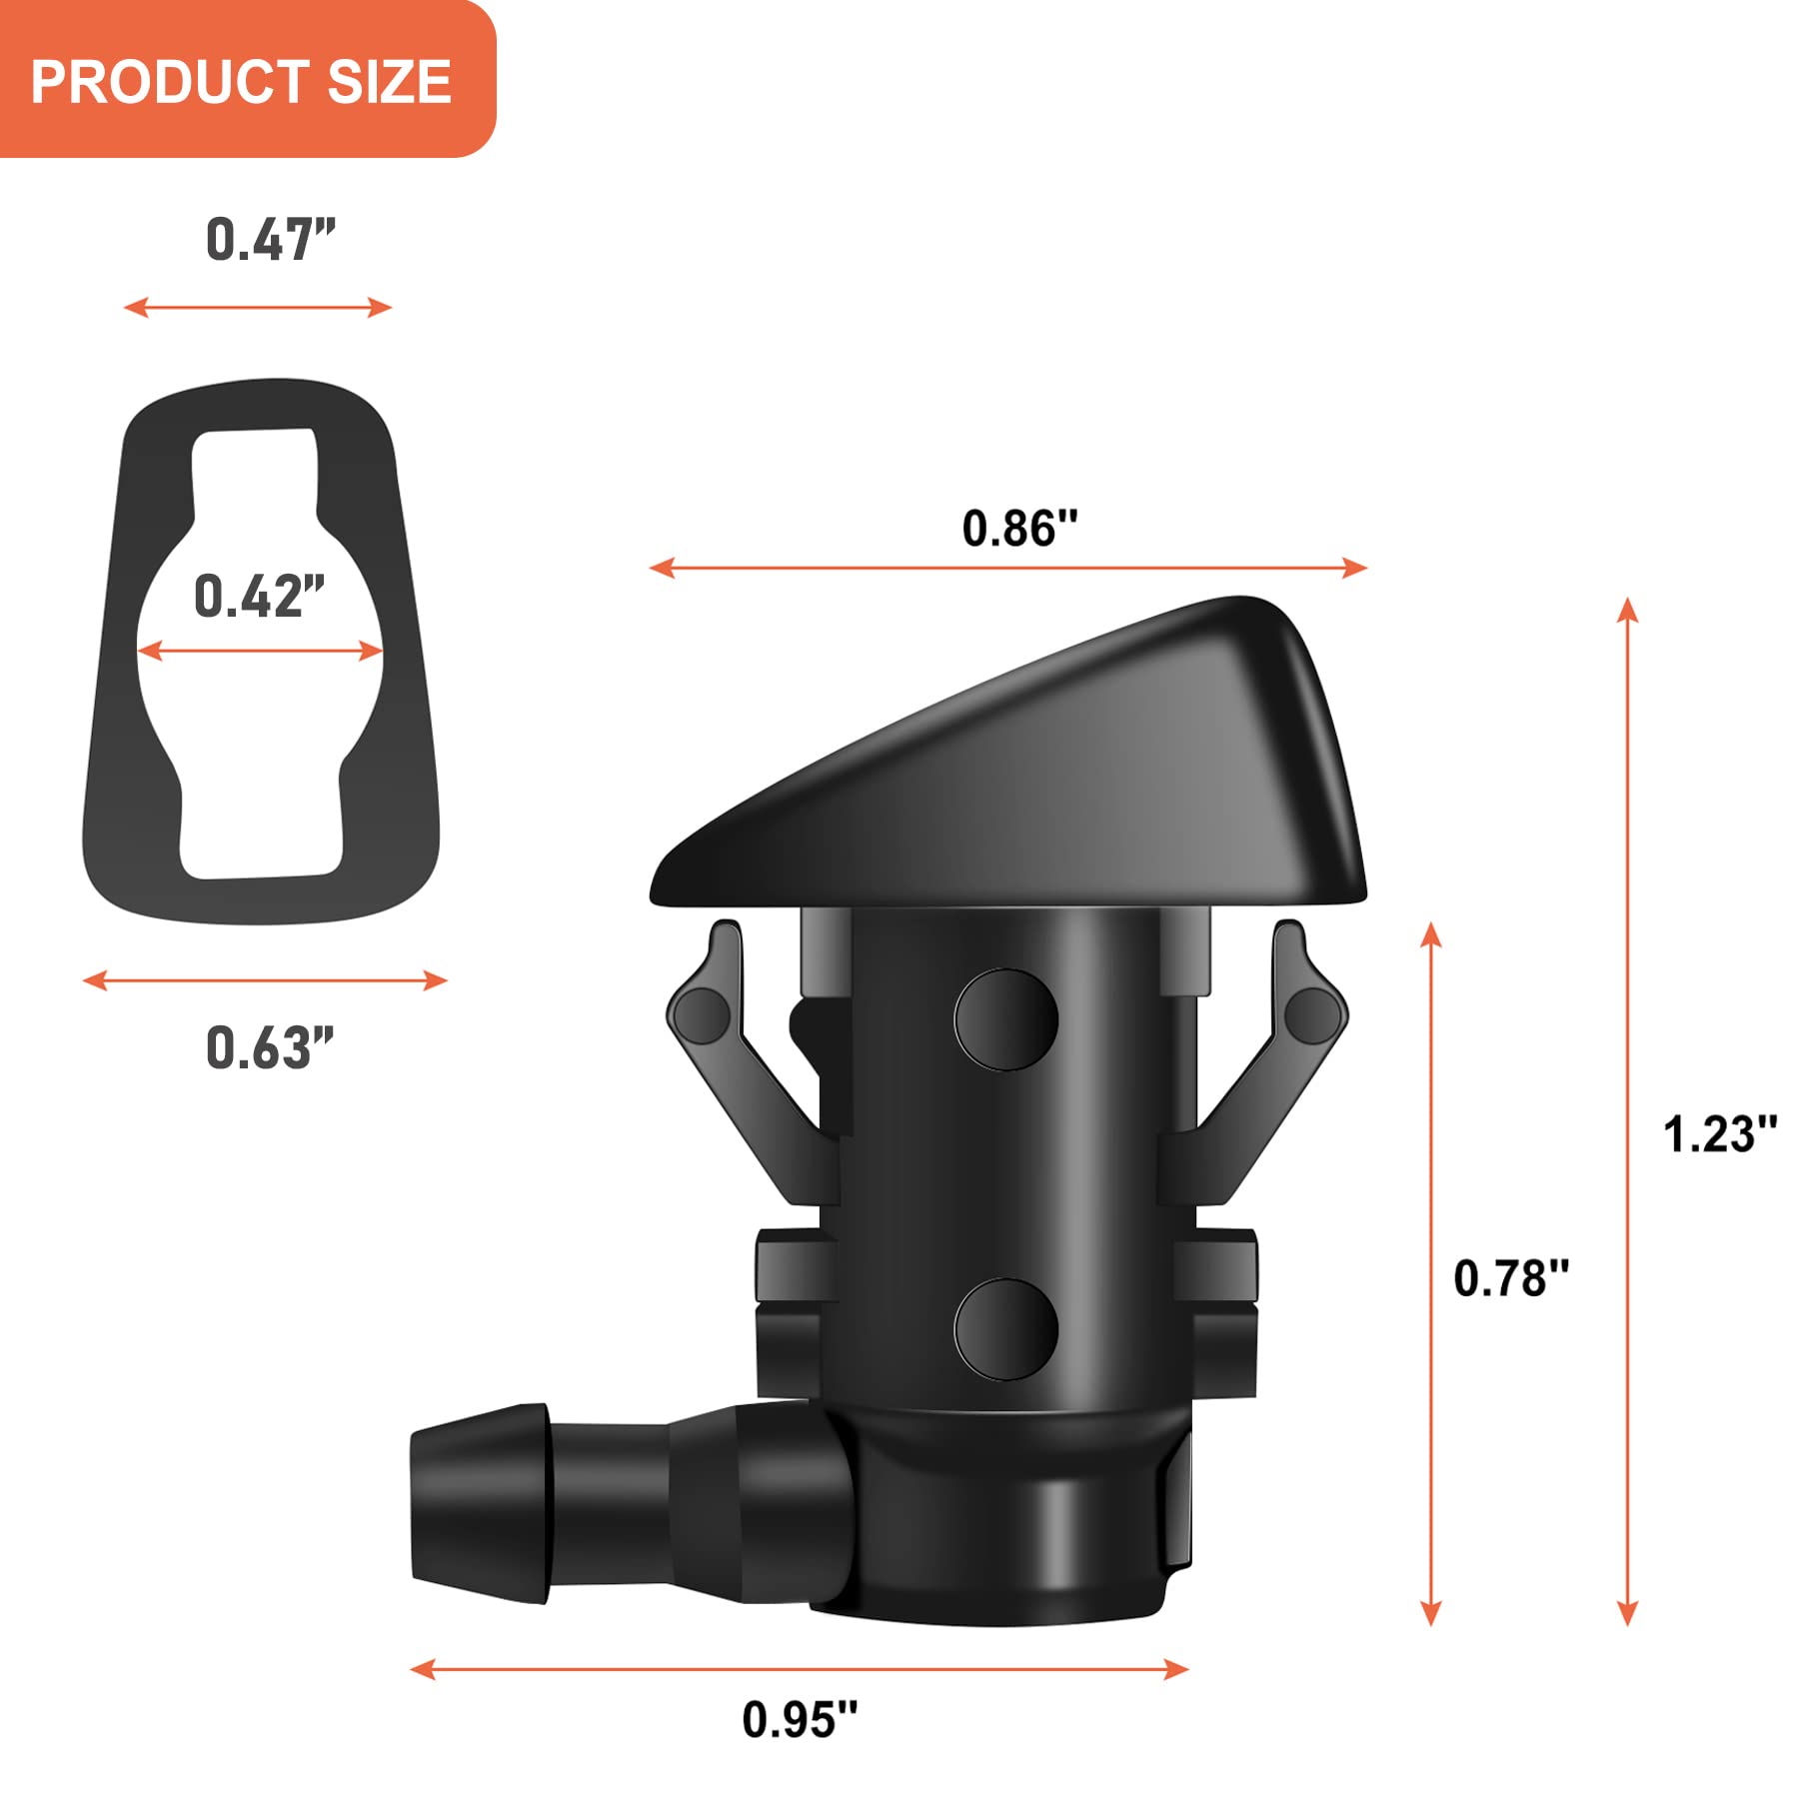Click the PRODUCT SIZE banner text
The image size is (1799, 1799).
tap(240, 81)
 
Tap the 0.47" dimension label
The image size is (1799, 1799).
tap(270, 241)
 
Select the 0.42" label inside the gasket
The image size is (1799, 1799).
tap(259, 597)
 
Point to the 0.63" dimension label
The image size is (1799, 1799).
tap(269, 1048)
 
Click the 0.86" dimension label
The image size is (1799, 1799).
tap(1019, 529)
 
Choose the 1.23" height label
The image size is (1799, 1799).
tap(1719, 1135)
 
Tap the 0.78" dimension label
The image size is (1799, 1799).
tap(1510, 1279)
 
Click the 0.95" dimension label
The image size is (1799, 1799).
tap(800, 1720)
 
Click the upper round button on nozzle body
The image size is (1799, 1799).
tap(1005, 1019)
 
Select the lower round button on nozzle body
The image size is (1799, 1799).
tap(1005, 1329)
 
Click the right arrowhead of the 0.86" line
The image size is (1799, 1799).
tap(1356, 568)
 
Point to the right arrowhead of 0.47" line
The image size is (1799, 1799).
tap(381, 307)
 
